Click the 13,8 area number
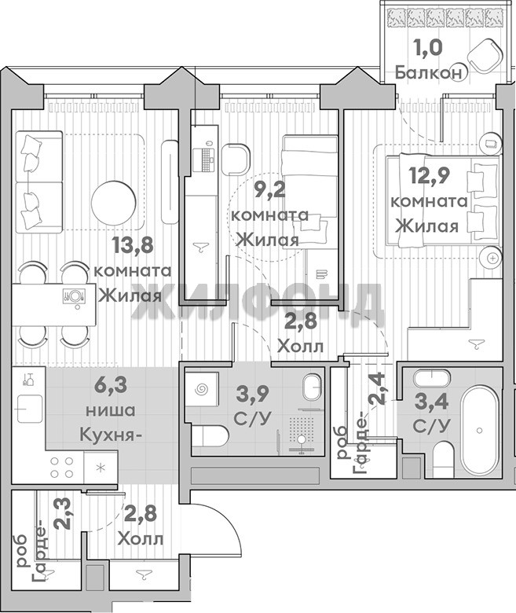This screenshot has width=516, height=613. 133,245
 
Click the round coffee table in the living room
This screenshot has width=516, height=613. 114,203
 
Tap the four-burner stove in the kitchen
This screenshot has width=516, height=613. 62,467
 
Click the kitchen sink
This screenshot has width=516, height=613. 29,408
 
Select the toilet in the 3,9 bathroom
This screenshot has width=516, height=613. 210,436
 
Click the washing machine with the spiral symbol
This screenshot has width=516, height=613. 202,389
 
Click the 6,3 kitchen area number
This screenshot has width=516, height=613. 111,385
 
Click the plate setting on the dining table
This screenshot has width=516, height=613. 74,295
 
